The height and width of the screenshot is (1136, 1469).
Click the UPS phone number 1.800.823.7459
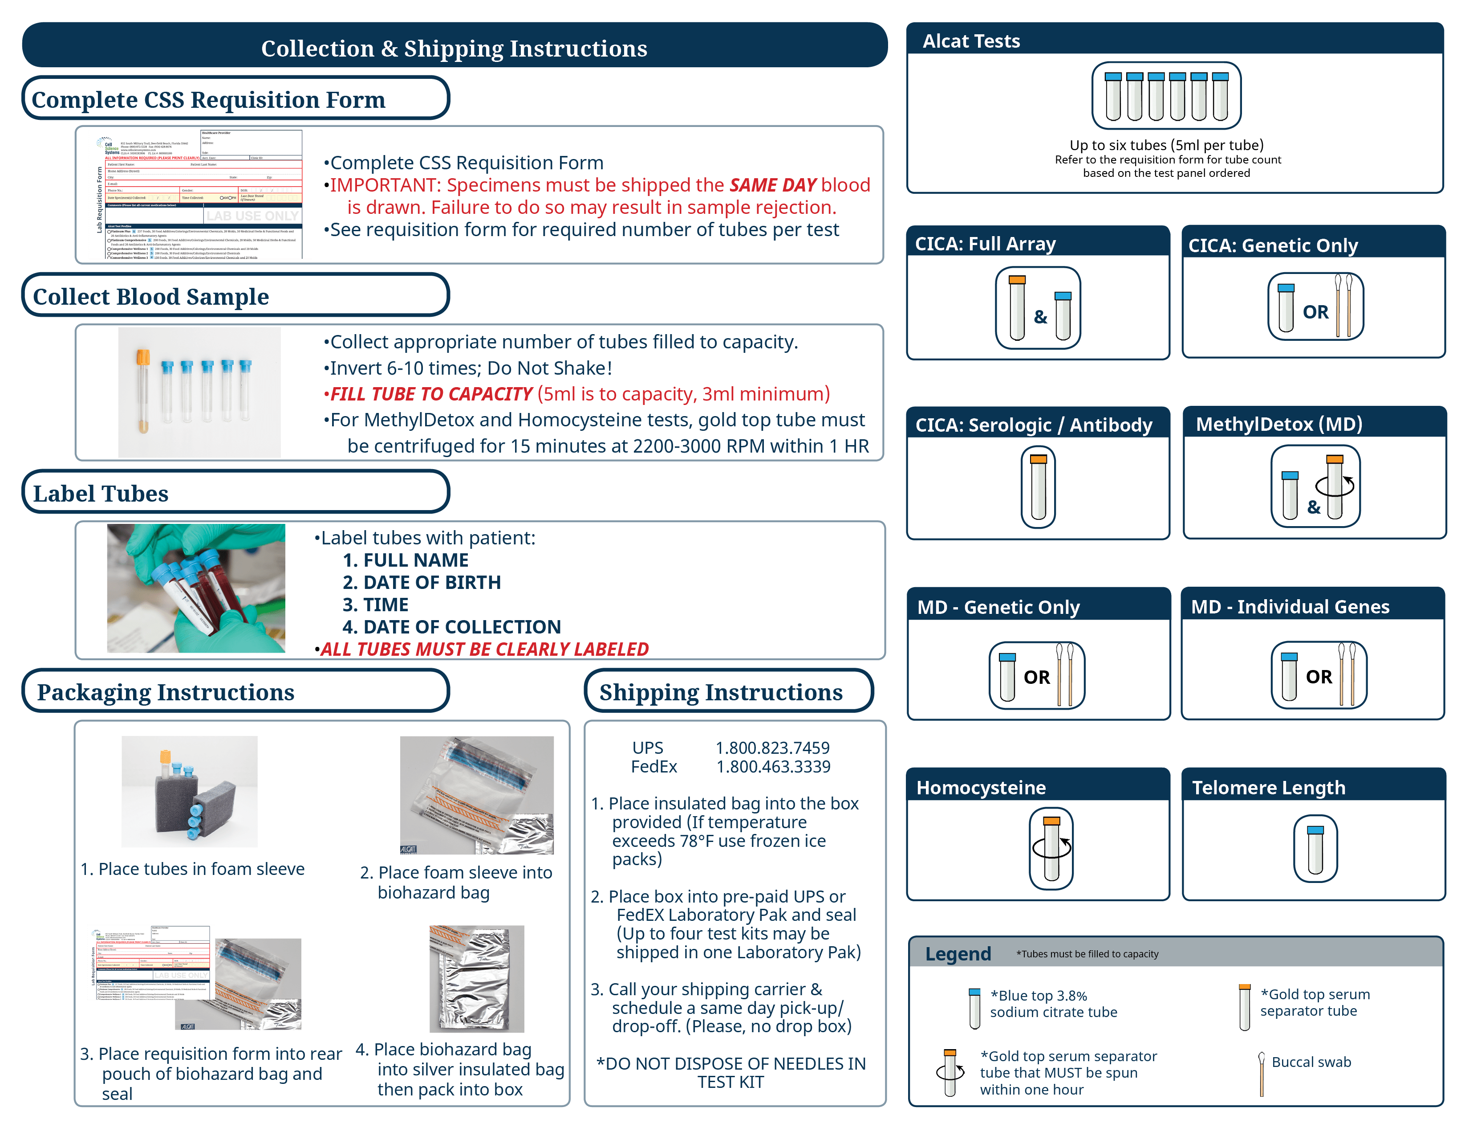tap(772, 748)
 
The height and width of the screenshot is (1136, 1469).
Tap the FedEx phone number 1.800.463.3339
tap(773, 767)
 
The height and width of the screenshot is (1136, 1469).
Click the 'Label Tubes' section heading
tap(101, 493)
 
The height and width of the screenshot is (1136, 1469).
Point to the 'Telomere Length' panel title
tap(1269, 787)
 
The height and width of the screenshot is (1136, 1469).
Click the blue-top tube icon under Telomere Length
tap(1315, 849)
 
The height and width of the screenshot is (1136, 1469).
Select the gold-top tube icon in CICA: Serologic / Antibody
tap(1039, 487)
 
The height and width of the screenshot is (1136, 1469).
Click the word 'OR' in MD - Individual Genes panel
tap(1319, 677)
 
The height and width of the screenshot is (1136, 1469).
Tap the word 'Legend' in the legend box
tap(958, 954)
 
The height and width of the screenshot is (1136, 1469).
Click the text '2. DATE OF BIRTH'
tap(422, 582)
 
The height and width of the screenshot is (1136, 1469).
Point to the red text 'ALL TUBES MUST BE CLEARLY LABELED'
tap(484, 649)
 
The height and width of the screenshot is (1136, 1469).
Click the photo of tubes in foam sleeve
tap(189, 792)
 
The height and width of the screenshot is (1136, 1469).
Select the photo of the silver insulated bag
tap(477, 979)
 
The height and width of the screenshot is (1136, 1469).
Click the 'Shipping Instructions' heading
tap(720, 692)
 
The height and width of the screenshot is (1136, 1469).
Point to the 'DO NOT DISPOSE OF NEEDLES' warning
tap(731, 1072)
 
